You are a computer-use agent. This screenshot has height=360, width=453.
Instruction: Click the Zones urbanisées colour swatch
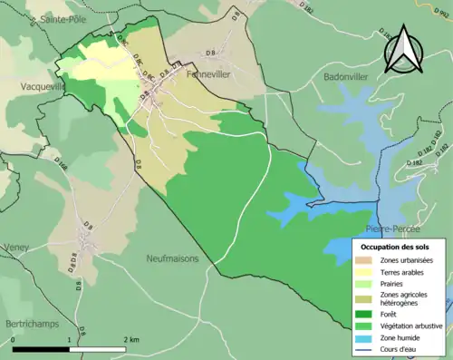pyautogui.click(x=366, y=260)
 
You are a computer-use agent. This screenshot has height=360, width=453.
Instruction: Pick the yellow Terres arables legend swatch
pyautogui.click(x=366, y=272)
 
